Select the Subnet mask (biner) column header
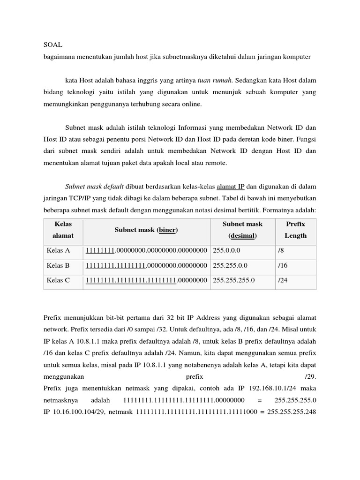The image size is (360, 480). tap(146, 230)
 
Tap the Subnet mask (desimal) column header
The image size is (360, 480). tap(242, 230)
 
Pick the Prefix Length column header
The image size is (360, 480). tap(295, 230)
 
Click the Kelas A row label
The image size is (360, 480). tap(58, 251)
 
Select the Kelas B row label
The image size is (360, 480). tap(58, 265)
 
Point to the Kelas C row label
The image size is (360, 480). tap(58, 280)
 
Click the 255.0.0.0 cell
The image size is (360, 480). tap(226, 251)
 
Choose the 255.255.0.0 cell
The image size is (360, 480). tap(230, 265)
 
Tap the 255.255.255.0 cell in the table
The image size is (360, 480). tap(234, 280)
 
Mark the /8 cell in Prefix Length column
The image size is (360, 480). tap(281, 251)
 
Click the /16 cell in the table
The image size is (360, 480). tap(283, 265)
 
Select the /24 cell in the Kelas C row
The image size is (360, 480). tap(283, 280)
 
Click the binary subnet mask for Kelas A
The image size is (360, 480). tap(146, 251)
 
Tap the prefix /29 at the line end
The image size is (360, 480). tap(310, 376)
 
